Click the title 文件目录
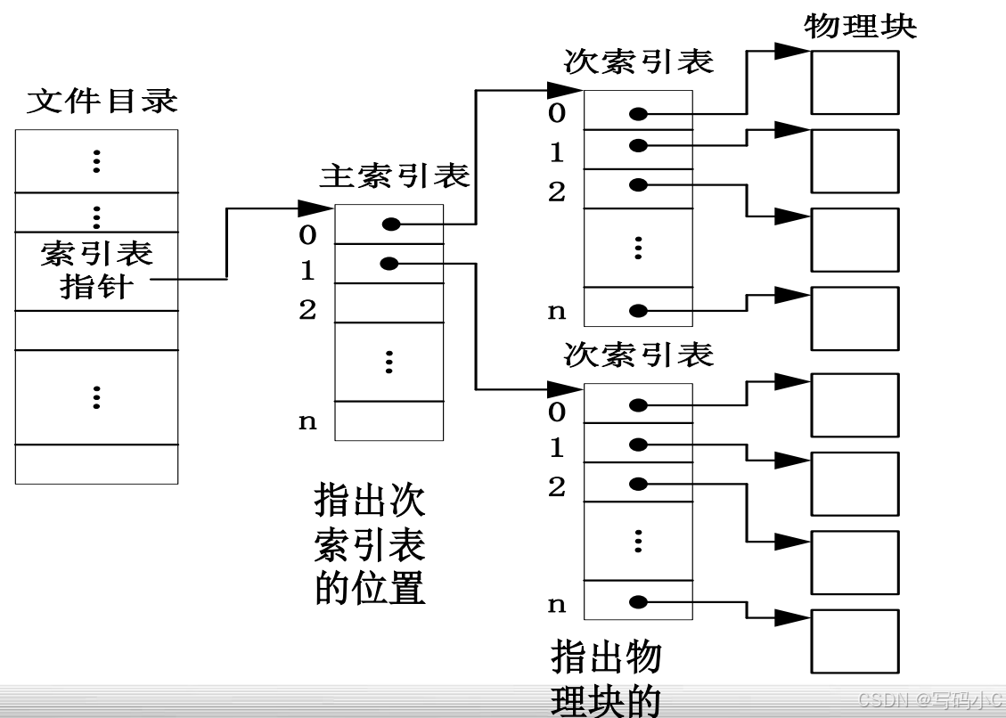click(x=102, y=101)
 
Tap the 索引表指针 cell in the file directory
click(x=96, y=270)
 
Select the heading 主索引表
click(x=395, y=176)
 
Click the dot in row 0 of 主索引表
click(x=390, y=224)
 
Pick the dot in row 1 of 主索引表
click(x=388, y=263)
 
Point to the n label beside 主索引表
click(x=307, y=421)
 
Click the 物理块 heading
click(x=860, y=25)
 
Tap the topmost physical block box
click(x=855, y=82)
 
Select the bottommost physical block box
click(x=855, y=640)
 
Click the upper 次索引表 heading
click(x=639, y=61)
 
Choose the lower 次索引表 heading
click(x=639, y=355)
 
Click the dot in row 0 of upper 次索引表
click(x=637, y=114)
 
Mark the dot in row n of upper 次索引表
click(x=637, y=311)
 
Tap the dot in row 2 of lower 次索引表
click(x=637, y=484)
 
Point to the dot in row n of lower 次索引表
click(x=637, y=602)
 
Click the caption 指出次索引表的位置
click(x=370, y=543)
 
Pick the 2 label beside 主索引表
click(x=307, y=310)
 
